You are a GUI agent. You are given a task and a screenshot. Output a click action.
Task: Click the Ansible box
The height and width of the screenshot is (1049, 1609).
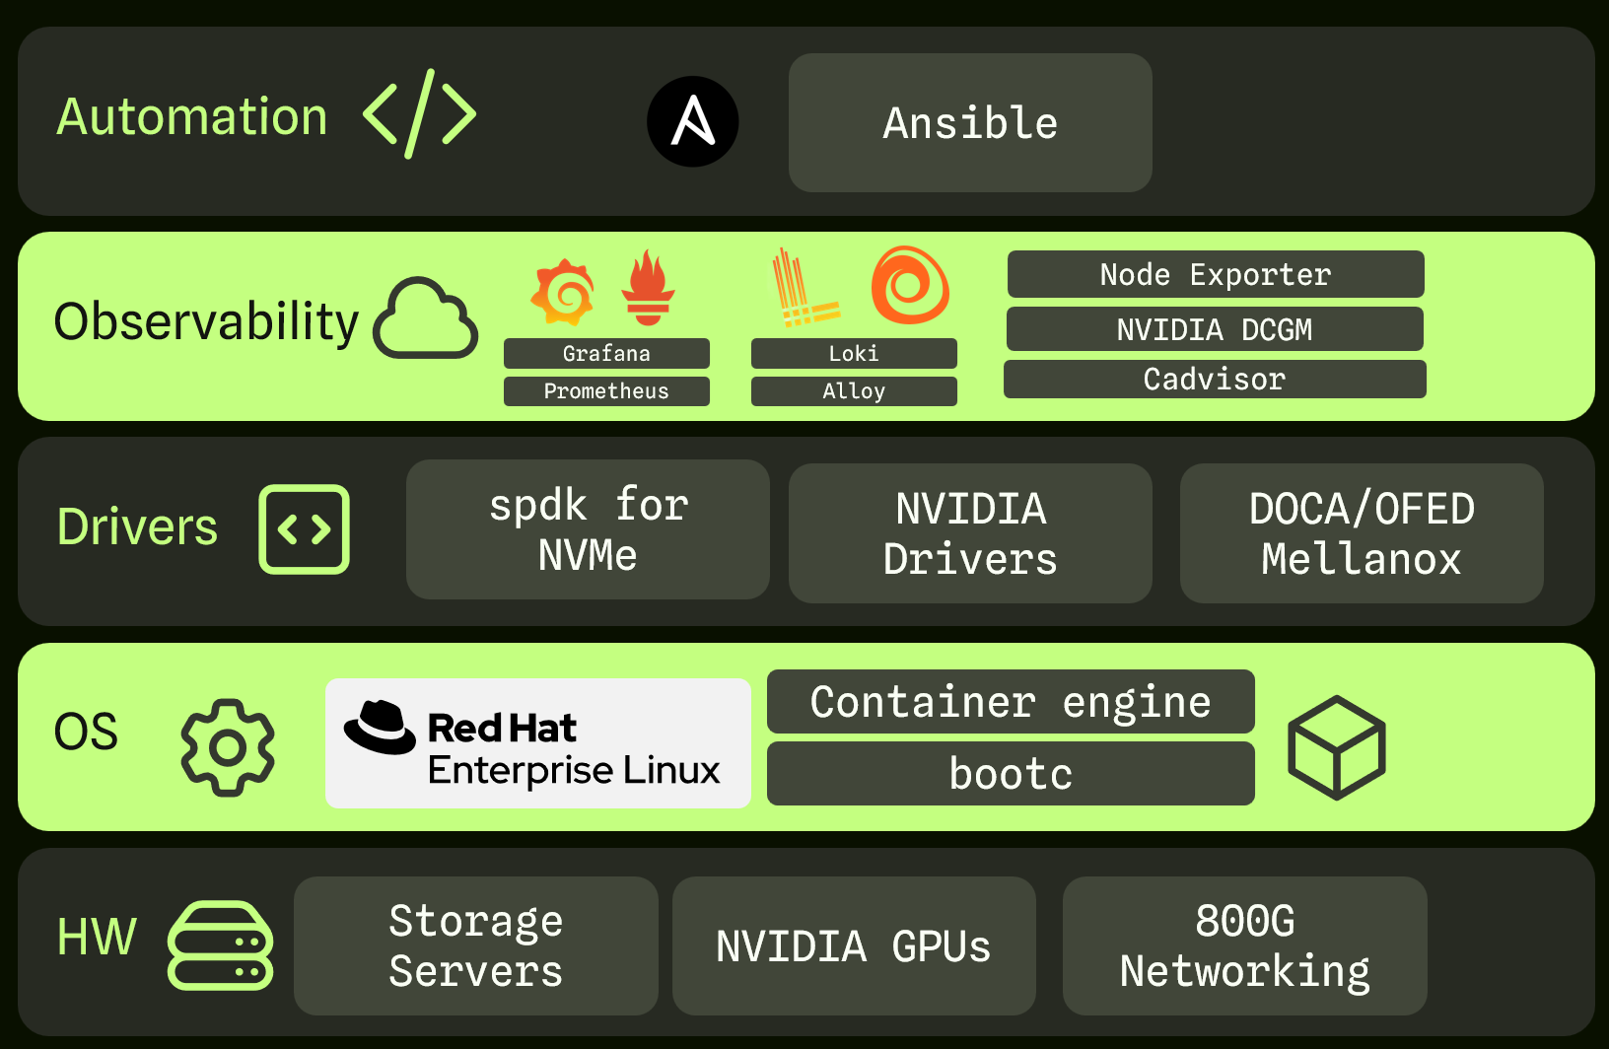[970, 123]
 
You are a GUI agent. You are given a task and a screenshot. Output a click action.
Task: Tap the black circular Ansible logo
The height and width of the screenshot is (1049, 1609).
[692, 121]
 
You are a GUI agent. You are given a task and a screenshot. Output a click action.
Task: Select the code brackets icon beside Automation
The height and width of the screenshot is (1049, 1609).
[419, 114]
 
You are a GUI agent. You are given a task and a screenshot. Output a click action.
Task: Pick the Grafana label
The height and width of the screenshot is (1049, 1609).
[606, 353]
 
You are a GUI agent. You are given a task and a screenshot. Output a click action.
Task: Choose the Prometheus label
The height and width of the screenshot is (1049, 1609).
[606, 391]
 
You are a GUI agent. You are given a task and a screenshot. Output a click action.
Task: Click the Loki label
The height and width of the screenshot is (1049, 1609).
[854, 353]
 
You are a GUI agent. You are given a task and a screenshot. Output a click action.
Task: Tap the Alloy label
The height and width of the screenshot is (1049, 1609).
[854, 391]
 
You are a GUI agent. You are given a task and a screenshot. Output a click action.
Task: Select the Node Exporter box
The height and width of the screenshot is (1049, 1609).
[1215, 274]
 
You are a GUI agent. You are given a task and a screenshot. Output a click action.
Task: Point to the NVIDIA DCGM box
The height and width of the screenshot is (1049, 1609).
[1215, 329]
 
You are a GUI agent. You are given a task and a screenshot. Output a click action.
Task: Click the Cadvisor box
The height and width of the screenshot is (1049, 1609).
[1215, 380]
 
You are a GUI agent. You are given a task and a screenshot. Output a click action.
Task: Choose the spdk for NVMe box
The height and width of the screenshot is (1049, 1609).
[588, 529]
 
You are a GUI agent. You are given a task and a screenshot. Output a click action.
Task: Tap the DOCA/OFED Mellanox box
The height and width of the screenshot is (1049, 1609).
[1362, 533]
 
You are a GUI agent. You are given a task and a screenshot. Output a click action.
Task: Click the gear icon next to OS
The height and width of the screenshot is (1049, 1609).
[228, 747]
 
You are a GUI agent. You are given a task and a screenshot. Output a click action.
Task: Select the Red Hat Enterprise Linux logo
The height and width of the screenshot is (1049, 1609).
[537, 743]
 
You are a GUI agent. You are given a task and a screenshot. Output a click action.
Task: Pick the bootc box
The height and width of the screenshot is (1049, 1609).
[1011, 774]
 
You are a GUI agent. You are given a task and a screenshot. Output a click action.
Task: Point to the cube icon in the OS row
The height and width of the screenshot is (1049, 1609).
[1336, 747]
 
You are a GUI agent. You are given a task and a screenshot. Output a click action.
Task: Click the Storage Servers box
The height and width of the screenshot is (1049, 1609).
[475, 945]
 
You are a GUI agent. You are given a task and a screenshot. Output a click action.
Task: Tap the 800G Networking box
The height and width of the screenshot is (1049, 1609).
[1244, 945]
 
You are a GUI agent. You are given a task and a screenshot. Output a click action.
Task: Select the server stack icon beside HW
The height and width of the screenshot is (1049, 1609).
[220, 944]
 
